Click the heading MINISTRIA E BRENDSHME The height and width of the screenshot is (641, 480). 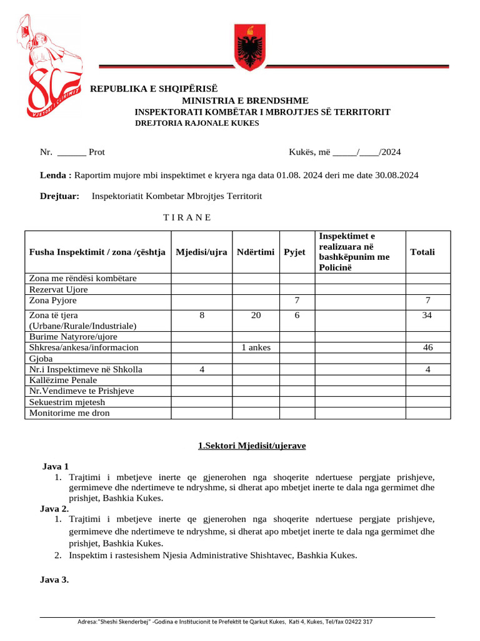(245, 100)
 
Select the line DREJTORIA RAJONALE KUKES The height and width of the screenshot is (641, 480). (197, 123)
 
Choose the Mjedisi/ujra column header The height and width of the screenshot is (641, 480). (201, 252)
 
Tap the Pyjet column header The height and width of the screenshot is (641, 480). (294, 252)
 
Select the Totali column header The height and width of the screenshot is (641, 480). (422, 252)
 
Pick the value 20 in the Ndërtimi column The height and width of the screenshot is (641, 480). (256, 315)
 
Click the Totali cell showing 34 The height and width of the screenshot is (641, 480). (427, 315)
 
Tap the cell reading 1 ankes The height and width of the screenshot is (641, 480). (256, 347)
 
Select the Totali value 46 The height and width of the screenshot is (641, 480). (427, 347)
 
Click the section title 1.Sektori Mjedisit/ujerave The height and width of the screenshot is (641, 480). (252, 446)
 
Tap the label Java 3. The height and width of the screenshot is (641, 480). (54, 580)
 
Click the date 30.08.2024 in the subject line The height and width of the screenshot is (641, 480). (392, 175)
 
